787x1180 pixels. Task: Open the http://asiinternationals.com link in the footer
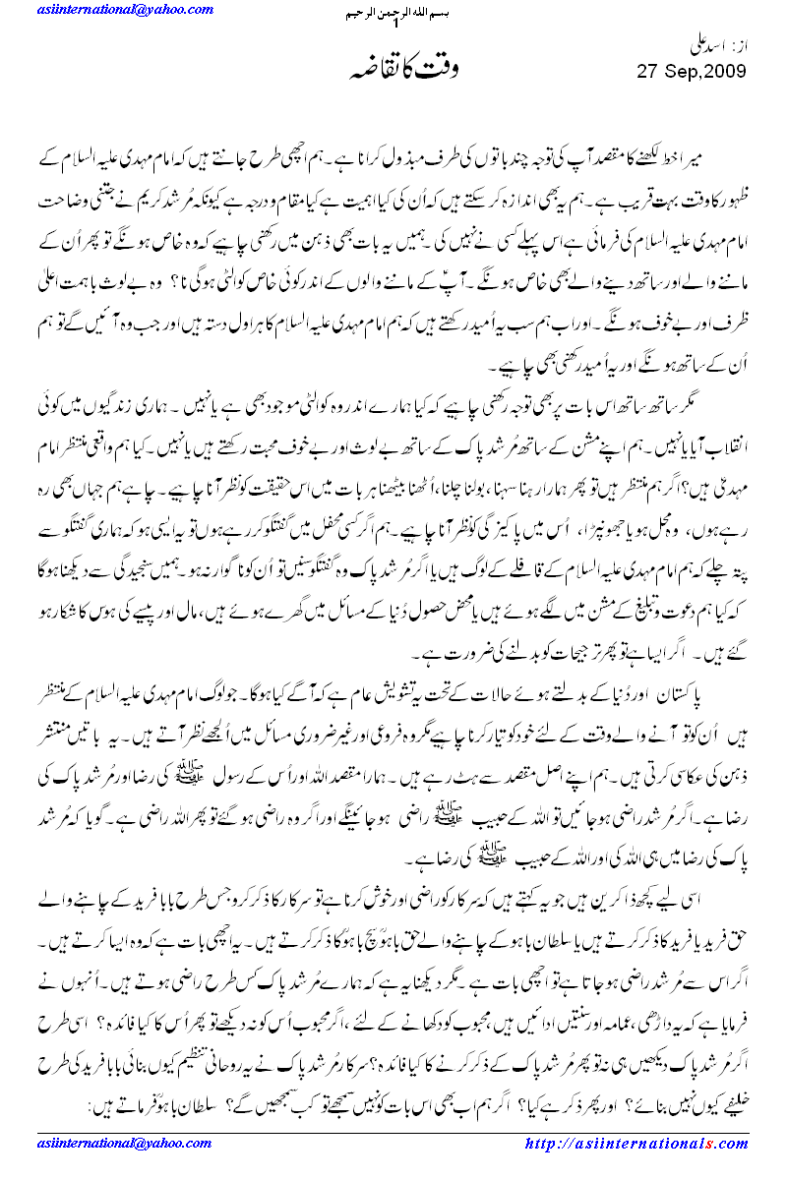pos(636,1144)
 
